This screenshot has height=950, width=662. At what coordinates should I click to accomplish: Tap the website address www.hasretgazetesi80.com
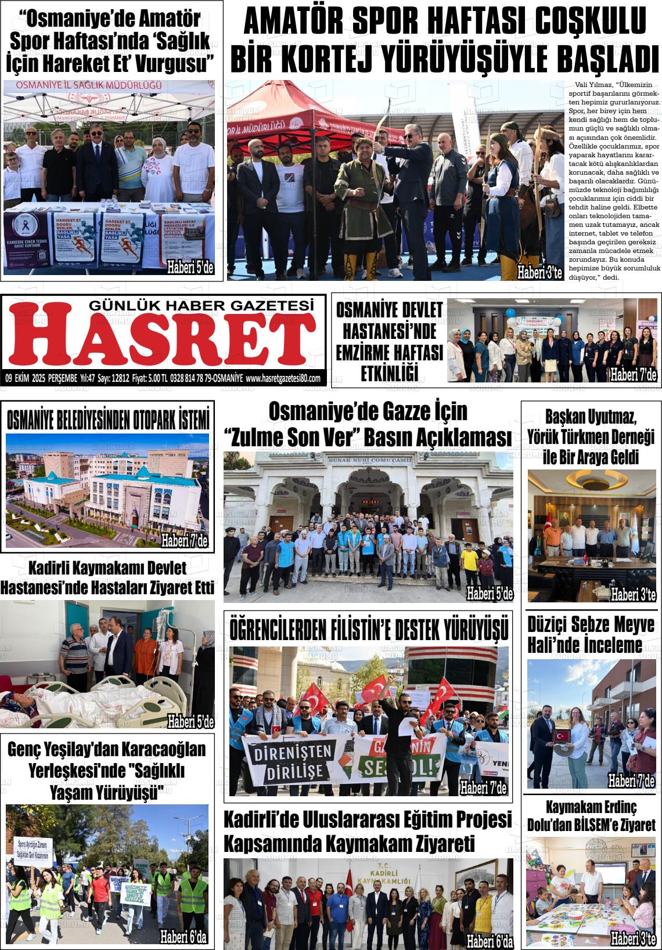click(283, 378)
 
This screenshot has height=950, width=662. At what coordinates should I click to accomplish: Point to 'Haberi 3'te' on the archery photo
click(540, 273)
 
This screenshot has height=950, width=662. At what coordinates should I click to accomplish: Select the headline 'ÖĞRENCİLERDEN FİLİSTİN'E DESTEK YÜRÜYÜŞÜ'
click(369, 628)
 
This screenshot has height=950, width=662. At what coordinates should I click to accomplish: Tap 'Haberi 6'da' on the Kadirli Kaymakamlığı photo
click(490, 941)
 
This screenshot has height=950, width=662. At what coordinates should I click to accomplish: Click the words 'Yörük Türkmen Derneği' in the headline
click(591, 436)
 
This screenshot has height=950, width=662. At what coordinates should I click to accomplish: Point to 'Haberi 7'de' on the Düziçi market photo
click(631, 781)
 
